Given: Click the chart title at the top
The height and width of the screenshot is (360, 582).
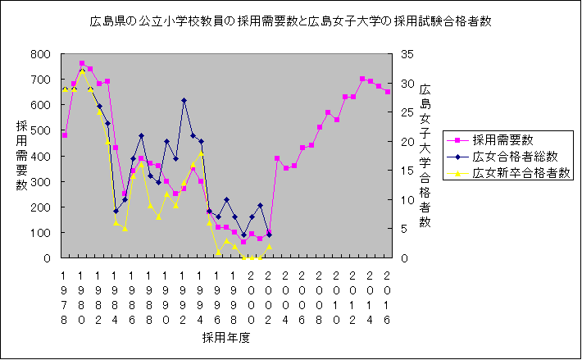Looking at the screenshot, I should point(291,21).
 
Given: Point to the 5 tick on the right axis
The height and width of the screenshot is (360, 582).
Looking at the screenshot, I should point(406,229).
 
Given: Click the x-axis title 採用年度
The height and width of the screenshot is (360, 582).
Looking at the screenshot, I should point(226,337).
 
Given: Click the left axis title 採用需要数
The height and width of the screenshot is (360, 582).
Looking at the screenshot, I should point(21,156).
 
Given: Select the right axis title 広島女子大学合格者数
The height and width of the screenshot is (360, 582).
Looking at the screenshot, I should point(425,156).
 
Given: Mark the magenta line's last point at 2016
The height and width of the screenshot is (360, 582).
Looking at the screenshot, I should point(388,92).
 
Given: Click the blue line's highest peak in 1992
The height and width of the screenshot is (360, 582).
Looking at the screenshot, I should point(184,100).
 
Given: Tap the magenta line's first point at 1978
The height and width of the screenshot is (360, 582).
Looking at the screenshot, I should point(65,134).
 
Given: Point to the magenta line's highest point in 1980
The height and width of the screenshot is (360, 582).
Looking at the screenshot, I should point(82,63).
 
